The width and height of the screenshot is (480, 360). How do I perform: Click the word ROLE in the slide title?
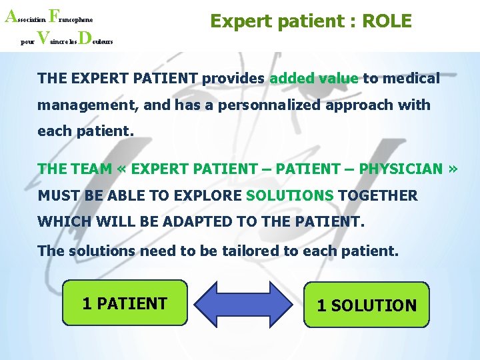(x=387, y=21)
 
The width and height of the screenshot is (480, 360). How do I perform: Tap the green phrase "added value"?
(x=313, y=79)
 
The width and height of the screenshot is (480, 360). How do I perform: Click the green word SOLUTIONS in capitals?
(x=289, y=195)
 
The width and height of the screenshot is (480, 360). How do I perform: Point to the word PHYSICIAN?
(x=401, y=169)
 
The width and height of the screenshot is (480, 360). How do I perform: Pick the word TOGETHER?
(x=378, y=195)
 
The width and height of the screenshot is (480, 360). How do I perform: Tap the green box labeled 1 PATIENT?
(x=125, y=303)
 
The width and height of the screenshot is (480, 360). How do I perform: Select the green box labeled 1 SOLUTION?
(x=366, y=305)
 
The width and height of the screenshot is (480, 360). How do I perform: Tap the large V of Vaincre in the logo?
(x=41, y=37)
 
